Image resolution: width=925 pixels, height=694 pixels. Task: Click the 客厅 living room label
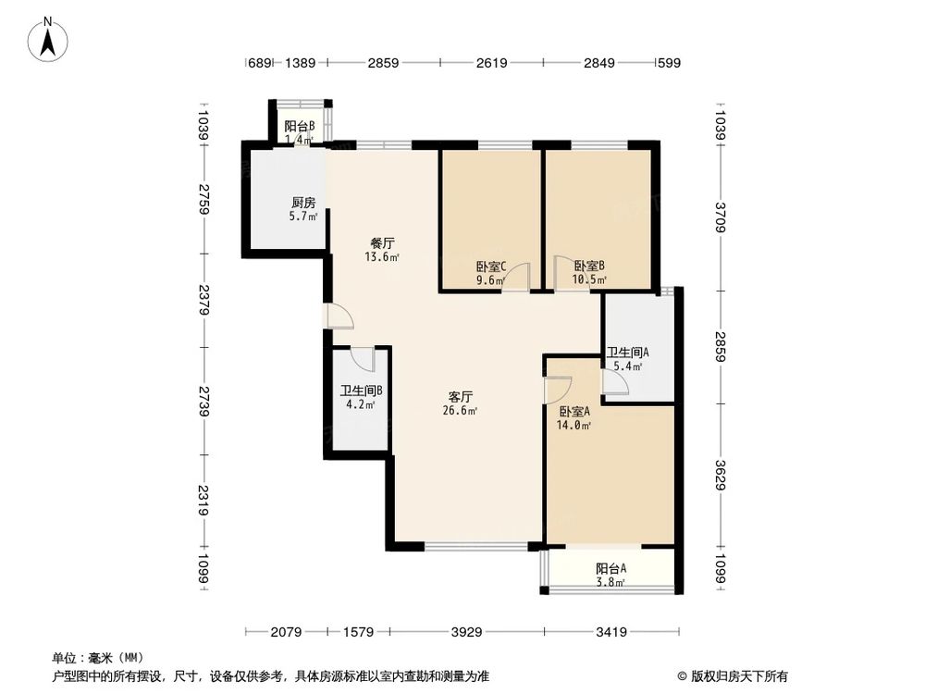(x=461, y=397)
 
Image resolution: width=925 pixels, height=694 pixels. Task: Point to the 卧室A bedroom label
(x=575, y=412)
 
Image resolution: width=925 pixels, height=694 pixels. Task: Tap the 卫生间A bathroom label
(x=627, y=353)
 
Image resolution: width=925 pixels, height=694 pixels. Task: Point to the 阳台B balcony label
(x=299, y=127)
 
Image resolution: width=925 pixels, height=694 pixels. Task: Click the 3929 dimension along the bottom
(x=467, y=633)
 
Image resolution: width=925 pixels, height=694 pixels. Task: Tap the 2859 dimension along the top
(x=383, y=63)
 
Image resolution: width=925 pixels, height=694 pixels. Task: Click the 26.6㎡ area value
(x=460, y=411)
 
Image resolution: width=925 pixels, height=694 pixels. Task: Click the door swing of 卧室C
(x=520, y=276)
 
